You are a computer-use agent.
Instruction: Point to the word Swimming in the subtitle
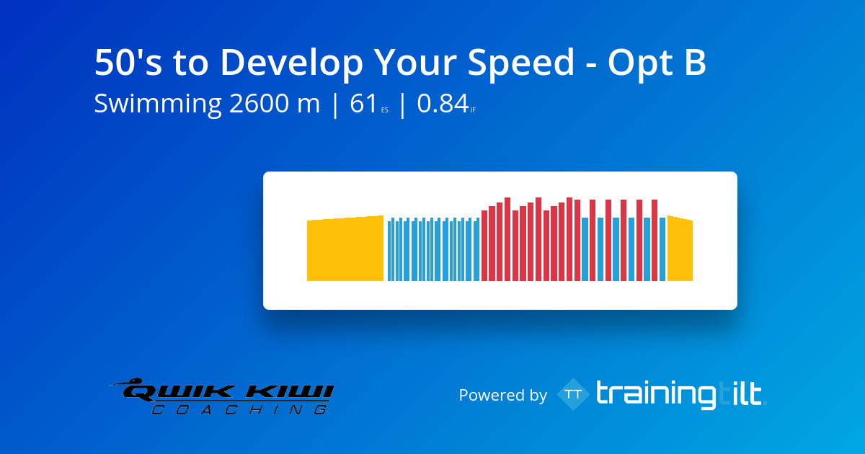(158, 104)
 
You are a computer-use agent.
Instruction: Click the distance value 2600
(259, 104)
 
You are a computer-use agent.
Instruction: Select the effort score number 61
(363, 104)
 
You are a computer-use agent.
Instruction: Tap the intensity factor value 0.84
(443, 104)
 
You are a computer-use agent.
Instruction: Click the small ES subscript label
(385, 110)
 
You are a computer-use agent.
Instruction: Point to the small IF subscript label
(473, 110)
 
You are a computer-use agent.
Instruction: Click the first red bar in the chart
(484, 246)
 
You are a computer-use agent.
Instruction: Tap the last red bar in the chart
(655, 240)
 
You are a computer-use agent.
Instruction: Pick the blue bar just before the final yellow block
(662, 249)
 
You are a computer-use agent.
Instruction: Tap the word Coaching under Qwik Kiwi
(239, 409)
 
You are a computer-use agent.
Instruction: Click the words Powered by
(503, 395)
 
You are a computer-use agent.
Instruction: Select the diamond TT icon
(574, 394)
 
